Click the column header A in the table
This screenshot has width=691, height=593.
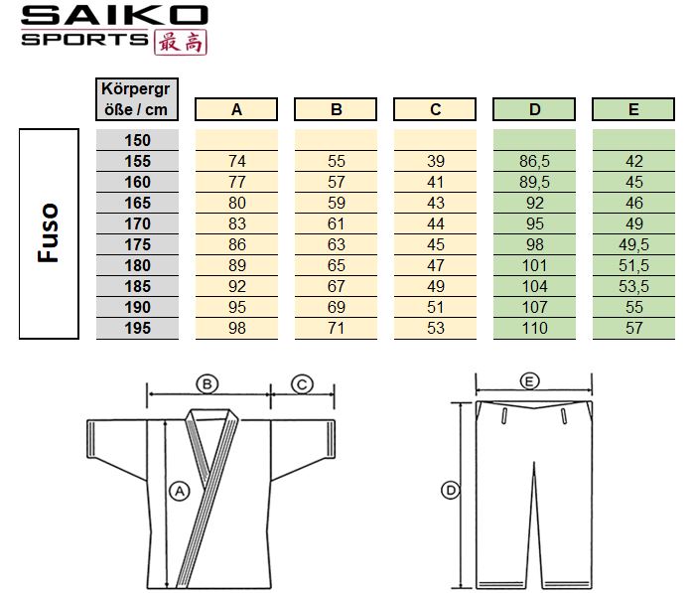coord(236,109)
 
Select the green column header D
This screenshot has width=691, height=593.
coord(534,109)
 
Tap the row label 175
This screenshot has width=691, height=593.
coord(137,244)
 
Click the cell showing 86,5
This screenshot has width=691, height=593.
coord(534,161)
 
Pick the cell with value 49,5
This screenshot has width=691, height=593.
coord(633,244)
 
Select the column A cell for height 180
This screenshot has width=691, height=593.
coord(236,265)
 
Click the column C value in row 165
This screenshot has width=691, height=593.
coord(436,203)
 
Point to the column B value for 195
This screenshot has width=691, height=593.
coord(337,328)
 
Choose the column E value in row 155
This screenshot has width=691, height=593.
coord(633,161)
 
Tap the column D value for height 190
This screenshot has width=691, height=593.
coord(534,307)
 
